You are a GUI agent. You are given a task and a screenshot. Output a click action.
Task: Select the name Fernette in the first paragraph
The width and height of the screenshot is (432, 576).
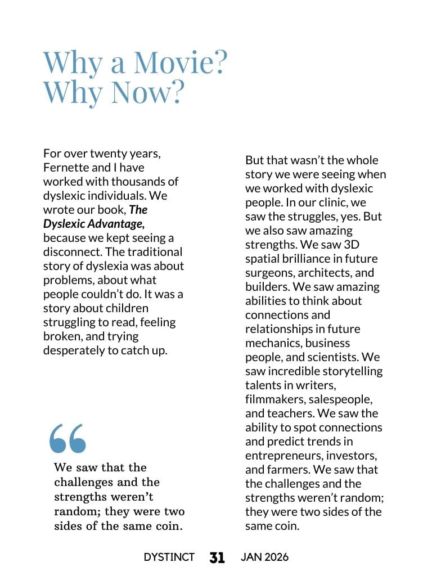click(65, 168)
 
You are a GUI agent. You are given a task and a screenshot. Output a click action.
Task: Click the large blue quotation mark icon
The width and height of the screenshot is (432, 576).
click(68, 438)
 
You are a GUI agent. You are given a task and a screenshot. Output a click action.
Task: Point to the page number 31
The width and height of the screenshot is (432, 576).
click(217, 557)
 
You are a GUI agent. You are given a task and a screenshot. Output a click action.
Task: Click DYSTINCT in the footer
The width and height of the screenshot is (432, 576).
click(169, 557)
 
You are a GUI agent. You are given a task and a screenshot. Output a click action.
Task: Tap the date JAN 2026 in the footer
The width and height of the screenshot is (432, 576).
click(264, 557)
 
